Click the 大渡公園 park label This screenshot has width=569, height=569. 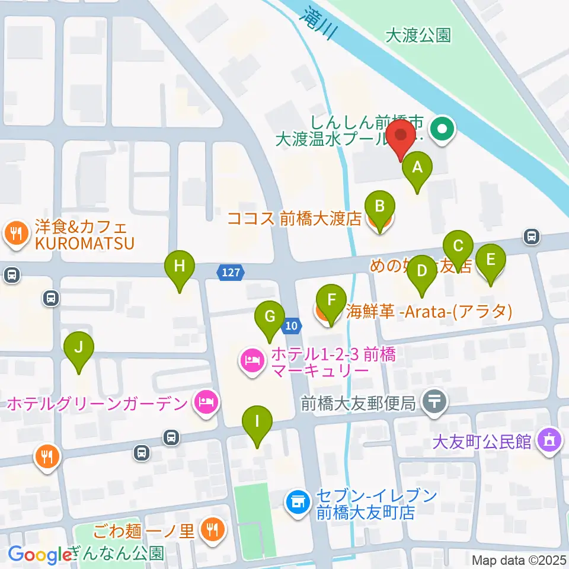coord(418,36)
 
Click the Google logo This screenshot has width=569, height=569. coord(39,555)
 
